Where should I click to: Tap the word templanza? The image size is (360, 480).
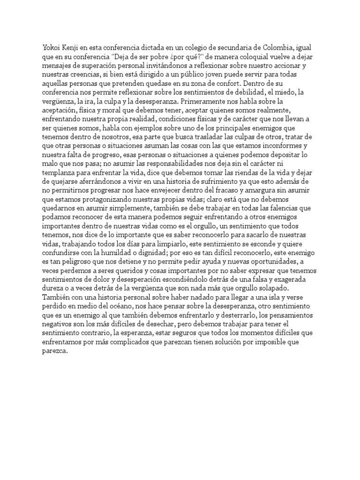coord(59,180)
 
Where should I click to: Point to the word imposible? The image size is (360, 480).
coord(288,349)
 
